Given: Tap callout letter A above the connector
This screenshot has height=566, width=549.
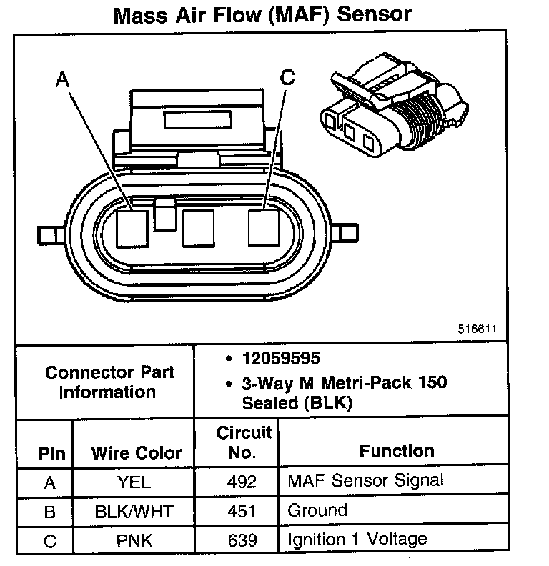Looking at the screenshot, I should (63, 80).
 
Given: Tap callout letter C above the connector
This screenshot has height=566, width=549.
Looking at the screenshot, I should (287, 77).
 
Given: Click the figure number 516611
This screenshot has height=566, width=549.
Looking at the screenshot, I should (477, 329).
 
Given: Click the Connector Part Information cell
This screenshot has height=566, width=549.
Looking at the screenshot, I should (109, 382).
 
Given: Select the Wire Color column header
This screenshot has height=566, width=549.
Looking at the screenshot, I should (136, 452).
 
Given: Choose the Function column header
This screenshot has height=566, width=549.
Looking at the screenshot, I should (396, 450).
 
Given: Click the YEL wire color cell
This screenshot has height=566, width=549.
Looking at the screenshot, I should (134, 482).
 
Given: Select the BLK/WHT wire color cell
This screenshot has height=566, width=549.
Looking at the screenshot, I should (134, 512).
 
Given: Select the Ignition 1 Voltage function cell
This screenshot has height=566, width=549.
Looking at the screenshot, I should (357, 539).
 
